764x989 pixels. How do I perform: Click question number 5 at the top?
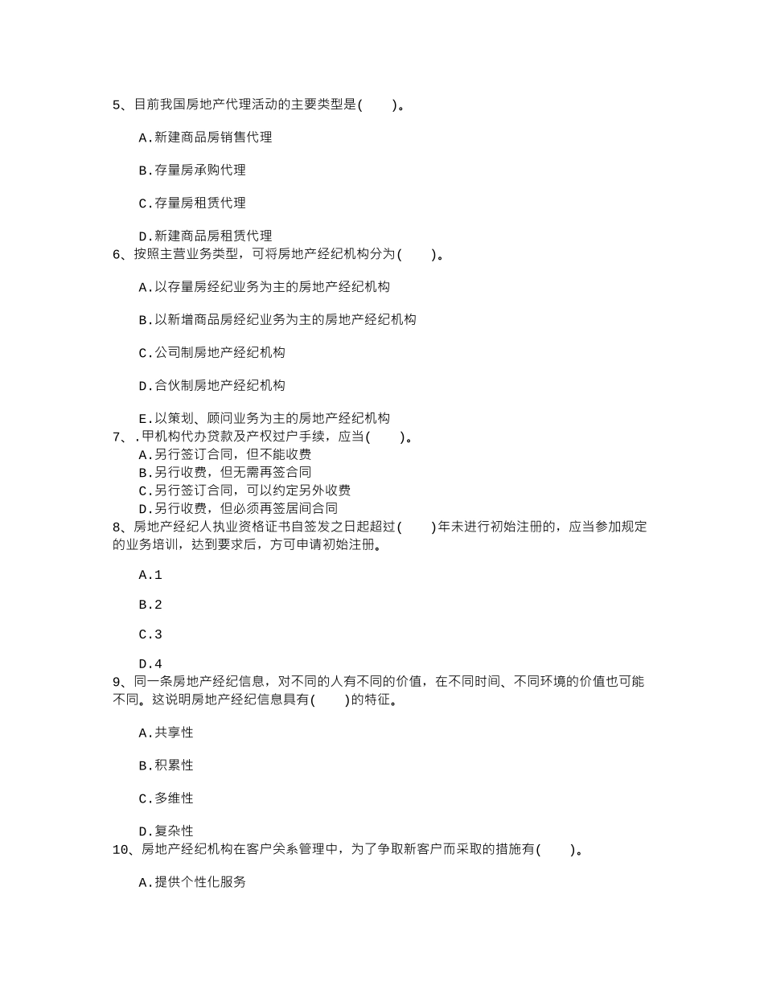[117, 105]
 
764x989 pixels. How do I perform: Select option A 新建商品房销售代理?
[205, 137]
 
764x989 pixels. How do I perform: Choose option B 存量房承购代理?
[192, 170]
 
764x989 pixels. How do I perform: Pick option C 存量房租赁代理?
[192, 203]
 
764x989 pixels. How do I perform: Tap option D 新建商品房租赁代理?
[205, 236]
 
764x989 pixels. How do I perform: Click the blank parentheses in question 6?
[417, 254]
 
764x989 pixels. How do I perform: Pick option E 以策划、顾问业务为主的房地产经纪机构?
[264, 418]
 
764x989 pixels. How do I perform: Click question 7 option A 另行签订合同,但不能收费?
[224, 454]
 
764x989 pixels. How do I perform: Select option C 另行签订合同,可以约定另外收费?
[244, 490]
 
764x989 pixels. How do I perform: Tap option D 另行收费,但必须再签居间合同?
[238, 508]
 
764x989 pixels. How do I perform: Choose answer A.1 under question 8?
[150, 575]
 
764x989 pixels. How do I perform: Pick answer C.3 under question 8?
[150, 634]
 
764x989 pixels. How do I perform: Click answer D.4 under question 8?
[150, 664]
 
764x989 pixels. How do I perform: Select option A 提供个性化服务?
[192, 882]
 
